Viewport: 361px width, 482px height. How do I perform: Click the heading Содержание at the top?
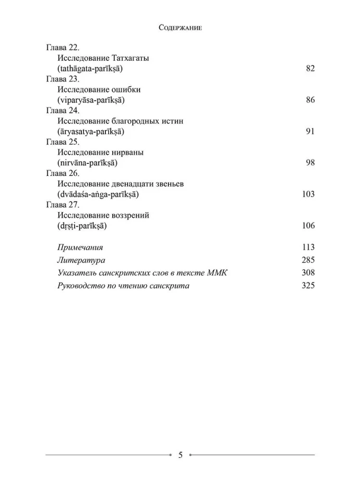[180, 28]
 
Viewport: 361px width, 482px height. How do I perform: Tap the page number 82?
[310, 68]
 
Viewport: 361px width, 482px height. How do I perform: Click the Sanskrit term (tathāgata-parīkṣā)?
[90, 68]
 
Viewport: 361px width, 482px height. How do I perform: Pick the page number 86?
[310, 100]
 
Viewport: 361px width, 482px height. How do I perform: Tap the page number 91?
[310, 132]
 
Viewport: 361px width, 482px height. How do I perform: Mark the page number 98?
[310, 163]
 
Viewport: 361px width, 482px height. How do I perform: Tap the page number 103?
[308, 194]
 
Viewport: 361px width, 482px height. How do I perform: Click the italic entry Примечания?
[80, 247]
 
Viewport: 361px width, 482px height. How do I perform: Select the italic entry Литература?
[81, 260]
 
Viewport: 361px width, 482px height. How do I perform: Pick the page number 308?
[308, 273]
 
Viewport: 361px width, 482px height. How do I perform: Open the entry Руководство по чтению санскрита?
[123, 286]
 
